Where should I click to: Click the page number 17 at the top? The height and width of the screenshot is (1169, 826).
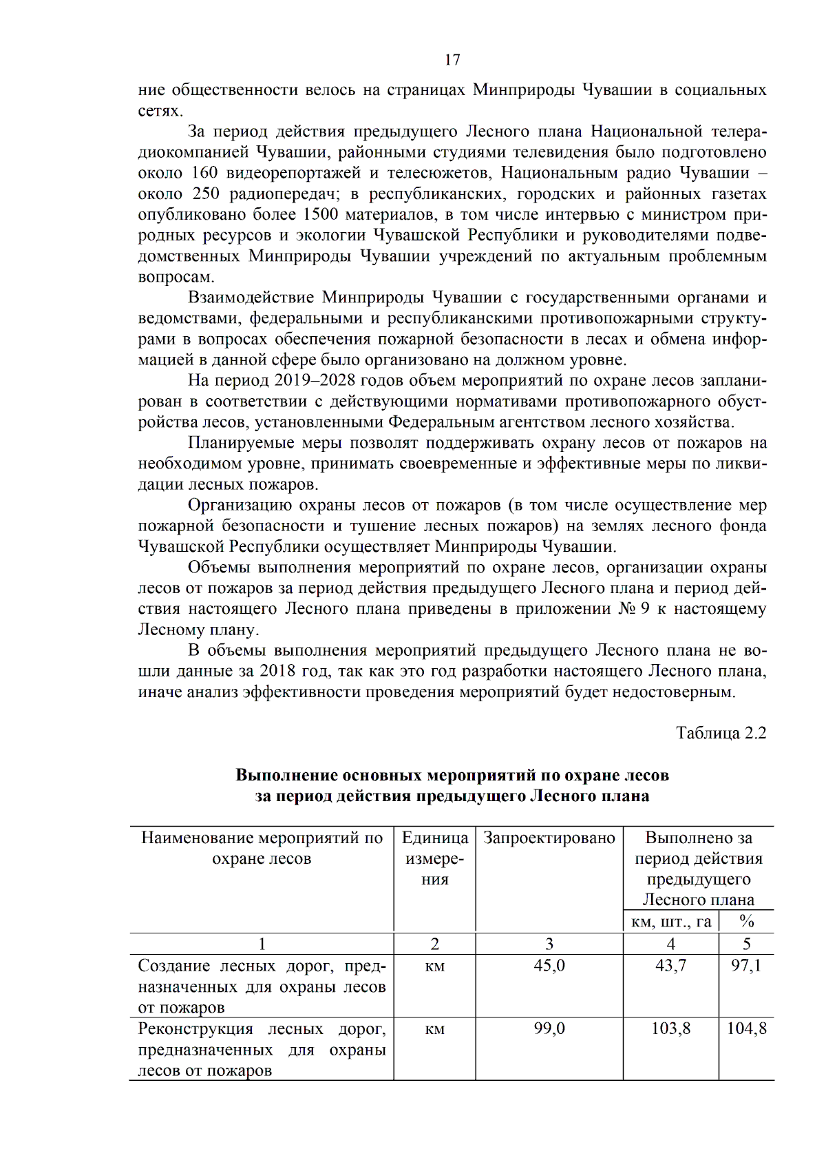[x=452, y=60]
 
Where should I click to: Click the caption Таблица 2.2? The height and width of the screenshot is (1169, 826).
[x=721, y=733]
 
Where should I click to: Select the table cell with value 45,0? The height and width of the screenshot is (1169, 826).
[x=549, y=966]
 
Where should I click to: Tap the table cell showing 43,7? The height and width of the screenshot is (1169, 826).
[x=670, y=966]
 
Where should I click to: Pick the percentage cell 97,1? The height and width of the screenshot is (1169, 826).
[x=746, y=966]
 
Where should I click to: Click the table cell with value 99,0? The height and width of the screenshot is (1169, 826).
[x=549, y=1028]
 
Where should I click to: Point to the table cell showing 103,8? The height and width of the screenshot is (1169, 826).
[x=670, y=1028]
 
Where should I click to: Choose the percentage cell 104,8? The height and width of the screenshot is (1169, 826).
[x=746, y=1028]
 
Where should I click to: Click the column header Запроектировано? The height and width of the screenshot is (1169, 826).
[x=549, y=838]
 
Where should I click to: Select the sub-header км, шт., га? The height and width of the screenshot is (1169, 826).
[x=670, y=922]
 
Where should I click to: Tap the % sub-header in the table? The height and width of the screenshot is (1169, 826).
[x=746, y=922]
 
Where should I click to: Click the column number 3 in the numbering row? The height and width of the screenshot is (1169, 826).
[x=549, y=944]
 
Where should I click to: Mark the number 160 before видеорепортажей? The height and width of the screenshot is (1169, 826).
[x=204, y=173]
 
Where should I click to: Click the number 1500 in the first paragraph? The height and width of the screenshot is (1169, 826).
[x=320, y=215]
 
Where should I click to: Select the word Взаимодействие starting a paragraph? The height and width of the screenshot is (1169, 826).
[x=251, y=298]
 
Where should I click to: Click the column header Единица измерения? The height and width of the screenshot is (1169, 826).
[x=434, y=858]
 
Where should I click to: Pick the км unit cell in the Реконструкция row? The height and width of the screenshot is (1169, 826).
[x=434, y=1030]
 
